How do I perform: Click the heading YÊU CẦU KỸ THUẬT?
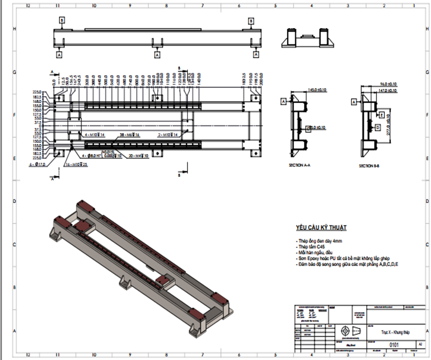pos(321,228)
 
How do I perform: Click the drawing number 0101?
pos(394,345)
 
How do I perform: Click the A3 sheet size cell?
pos(419,345)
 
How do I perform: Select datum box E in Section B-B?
pos(381,114)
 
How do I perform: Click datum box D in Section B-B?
pos(378,128)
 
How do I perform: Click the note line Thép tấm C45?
pos(310,247)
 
